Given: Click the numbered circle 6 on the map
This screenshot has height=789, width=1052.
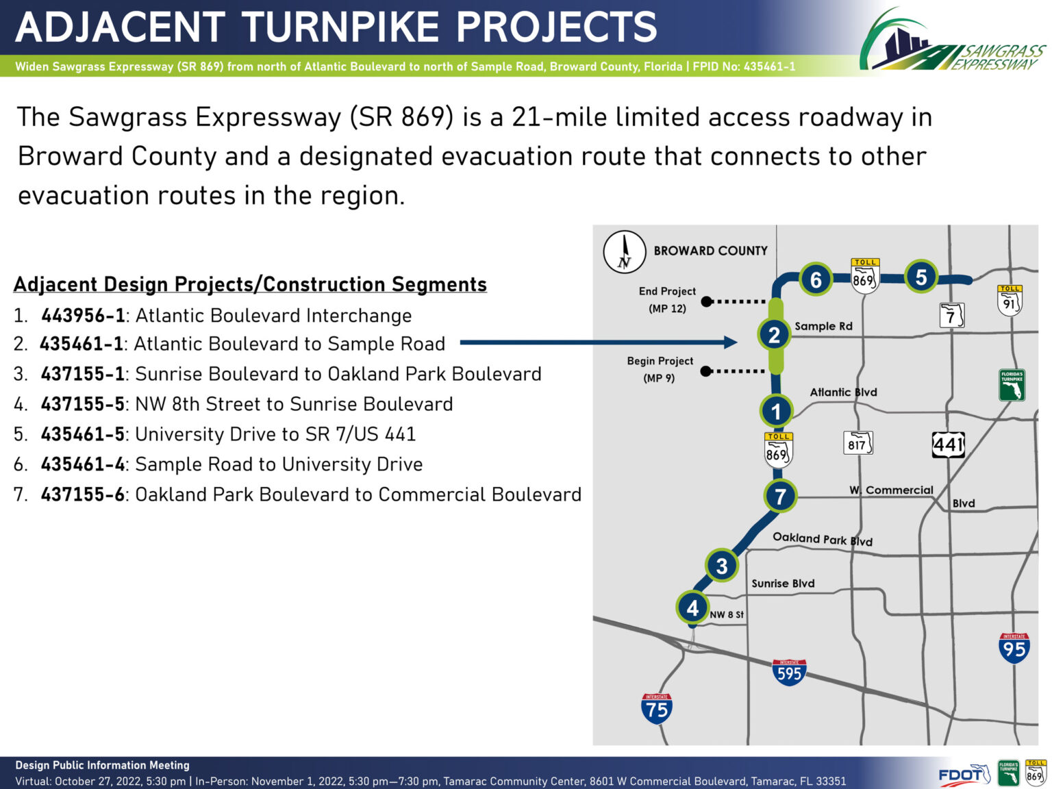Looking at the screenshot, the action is pyautogui.click(x=816, y=279).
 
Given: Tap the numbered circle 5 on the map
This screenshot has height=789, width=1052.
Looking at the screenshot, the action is pyautogui.click(x=920, y=277).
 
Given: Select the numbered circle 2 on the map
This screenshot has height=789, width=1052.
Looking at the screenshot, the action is pyautogui.click(x=774, y=335).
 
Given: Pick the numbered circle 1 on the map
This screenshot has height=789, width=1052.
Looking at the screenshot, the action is pyautogui.click(x=776, y=411).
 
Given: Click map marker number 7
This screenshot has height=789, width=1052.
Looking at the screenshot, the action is pyautogui.click(x=780, y=497).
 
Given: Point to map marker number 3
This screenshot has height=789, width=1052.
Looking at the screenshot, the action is pyautogui.click(x=722, y=566).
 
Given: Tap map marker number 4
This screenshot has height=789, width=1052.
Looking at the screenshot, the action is pyautogui.click(x=692, y=608).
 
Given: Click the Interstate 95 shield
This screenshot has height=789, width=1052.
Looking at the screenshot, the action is pyautogui.click(x=1014, y=648).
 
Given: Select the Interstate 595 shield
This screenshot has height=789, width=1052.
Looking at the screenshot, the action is pyautogui.click(x=790, y=672).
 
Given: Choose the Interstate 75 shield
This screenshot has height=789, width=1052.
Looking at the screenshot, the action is pyautogui.click(x=657, y=708).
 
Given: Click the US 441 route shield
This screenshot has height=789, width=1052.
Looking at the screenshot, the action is pyautogui.click(x=948, y=444).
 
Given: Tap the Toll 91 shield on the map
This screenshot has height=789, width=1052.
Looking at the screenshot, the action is pyautogui.click(x=1010, y=301).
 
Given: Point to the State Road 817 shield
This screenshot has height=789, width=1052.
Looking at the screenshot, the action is pyautogui.click(x=857, y=443).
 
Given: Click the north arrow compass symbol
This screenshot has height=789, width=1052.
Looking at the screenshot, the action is pyautogui.click(x=625, y=252).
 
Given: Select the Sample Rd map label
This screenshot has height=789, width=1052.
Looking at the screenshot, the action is pyautogui.click(x=823, y=326).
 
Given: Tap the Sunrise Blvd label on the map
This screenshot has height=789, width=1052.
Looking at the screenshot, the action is pyautogui.click(x=783, y=584).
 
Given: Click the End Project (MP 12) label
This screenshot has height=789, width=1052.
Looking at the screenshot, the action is pyautogui.click(x=667, y=300).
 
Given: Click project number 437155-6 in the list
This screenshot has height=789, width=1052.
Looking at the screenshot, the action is pyautogui.click(x=82, y=494).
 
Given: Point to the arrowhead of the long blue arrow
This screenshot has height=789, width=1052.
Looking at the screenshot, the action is pyautogui.click(x=730, y=342).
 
